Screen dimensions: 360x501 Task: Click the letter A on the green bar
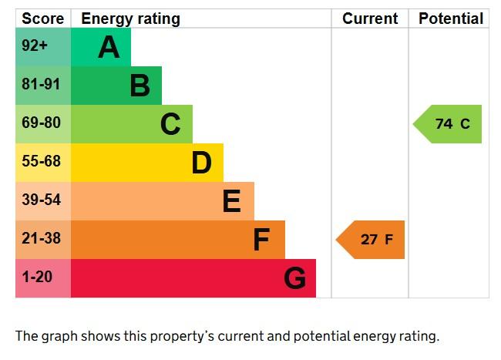click(x=109, y=48)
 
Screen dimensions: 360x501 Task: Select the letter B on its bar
click(x=140, y=86)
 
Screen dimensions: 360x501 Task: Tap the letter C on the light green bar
click(x=170, y=124)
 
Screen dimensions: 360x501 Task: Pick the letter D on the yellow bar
click(x=201, y=163)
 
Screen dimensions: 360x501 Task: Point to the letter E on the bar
click(x=232, y=201)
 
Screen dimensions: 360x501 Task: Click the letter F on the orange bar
click(x=262, y=240)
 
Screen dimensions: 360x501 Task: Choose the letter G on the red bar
click(x=294, y=278)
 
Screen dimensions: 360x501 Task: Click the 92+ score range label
click(x=35, y=46)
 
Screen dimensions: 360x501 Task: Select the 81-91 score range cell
click(x=41, y=85)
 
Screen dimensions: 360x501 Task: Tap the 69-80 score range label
click(x=41, y=123)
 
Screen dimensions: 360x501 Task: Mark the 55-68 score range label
click(x=41, y=162)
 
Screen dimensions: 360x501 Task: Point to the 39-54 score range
click(x=41, y=200)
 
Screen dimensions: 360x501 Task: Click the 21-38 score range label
click(x=41, y=239)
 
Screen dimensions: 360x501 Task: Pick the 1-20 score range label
click(x=36, y=278)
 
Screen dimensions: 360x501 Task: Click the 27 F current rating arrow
click(x=372, y=240)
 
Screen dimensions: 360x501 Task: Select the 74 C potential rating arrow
click(x=449, y=124)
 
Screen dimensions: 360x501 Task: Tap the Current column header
click(x=370, y=19)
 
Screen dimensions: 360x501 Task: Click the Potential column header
click(x=451, y=19)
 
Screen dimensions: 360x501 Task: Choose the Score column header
click(x=42, y=19)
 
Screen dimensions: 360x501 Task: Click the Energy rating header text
click(x=130, y=19)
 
